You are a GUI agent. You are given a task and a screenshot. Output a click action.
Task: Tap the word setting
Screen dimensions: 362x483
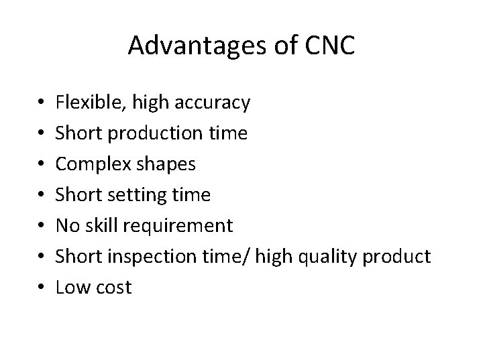pos(140,195)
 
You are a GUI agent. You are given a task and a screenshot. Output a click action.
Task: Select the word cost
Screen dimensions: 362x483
pos(112,288)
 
